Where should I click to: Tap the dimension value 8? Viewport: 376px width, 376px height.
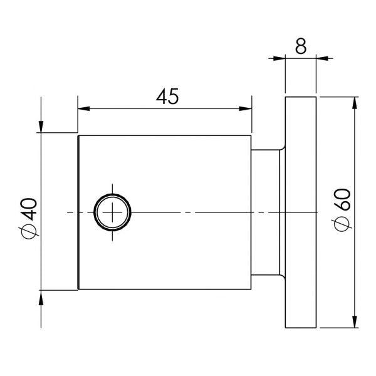[x=301, y=47]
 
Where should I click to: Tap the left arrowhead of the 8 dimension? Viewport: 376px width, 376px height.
[x=280, y=59]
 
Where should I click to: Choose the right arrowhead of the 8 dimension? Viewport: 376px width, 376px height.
[x=323, y=59]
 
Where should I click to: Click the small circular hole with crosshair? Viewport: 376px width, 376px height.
[x=113, y=212]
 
